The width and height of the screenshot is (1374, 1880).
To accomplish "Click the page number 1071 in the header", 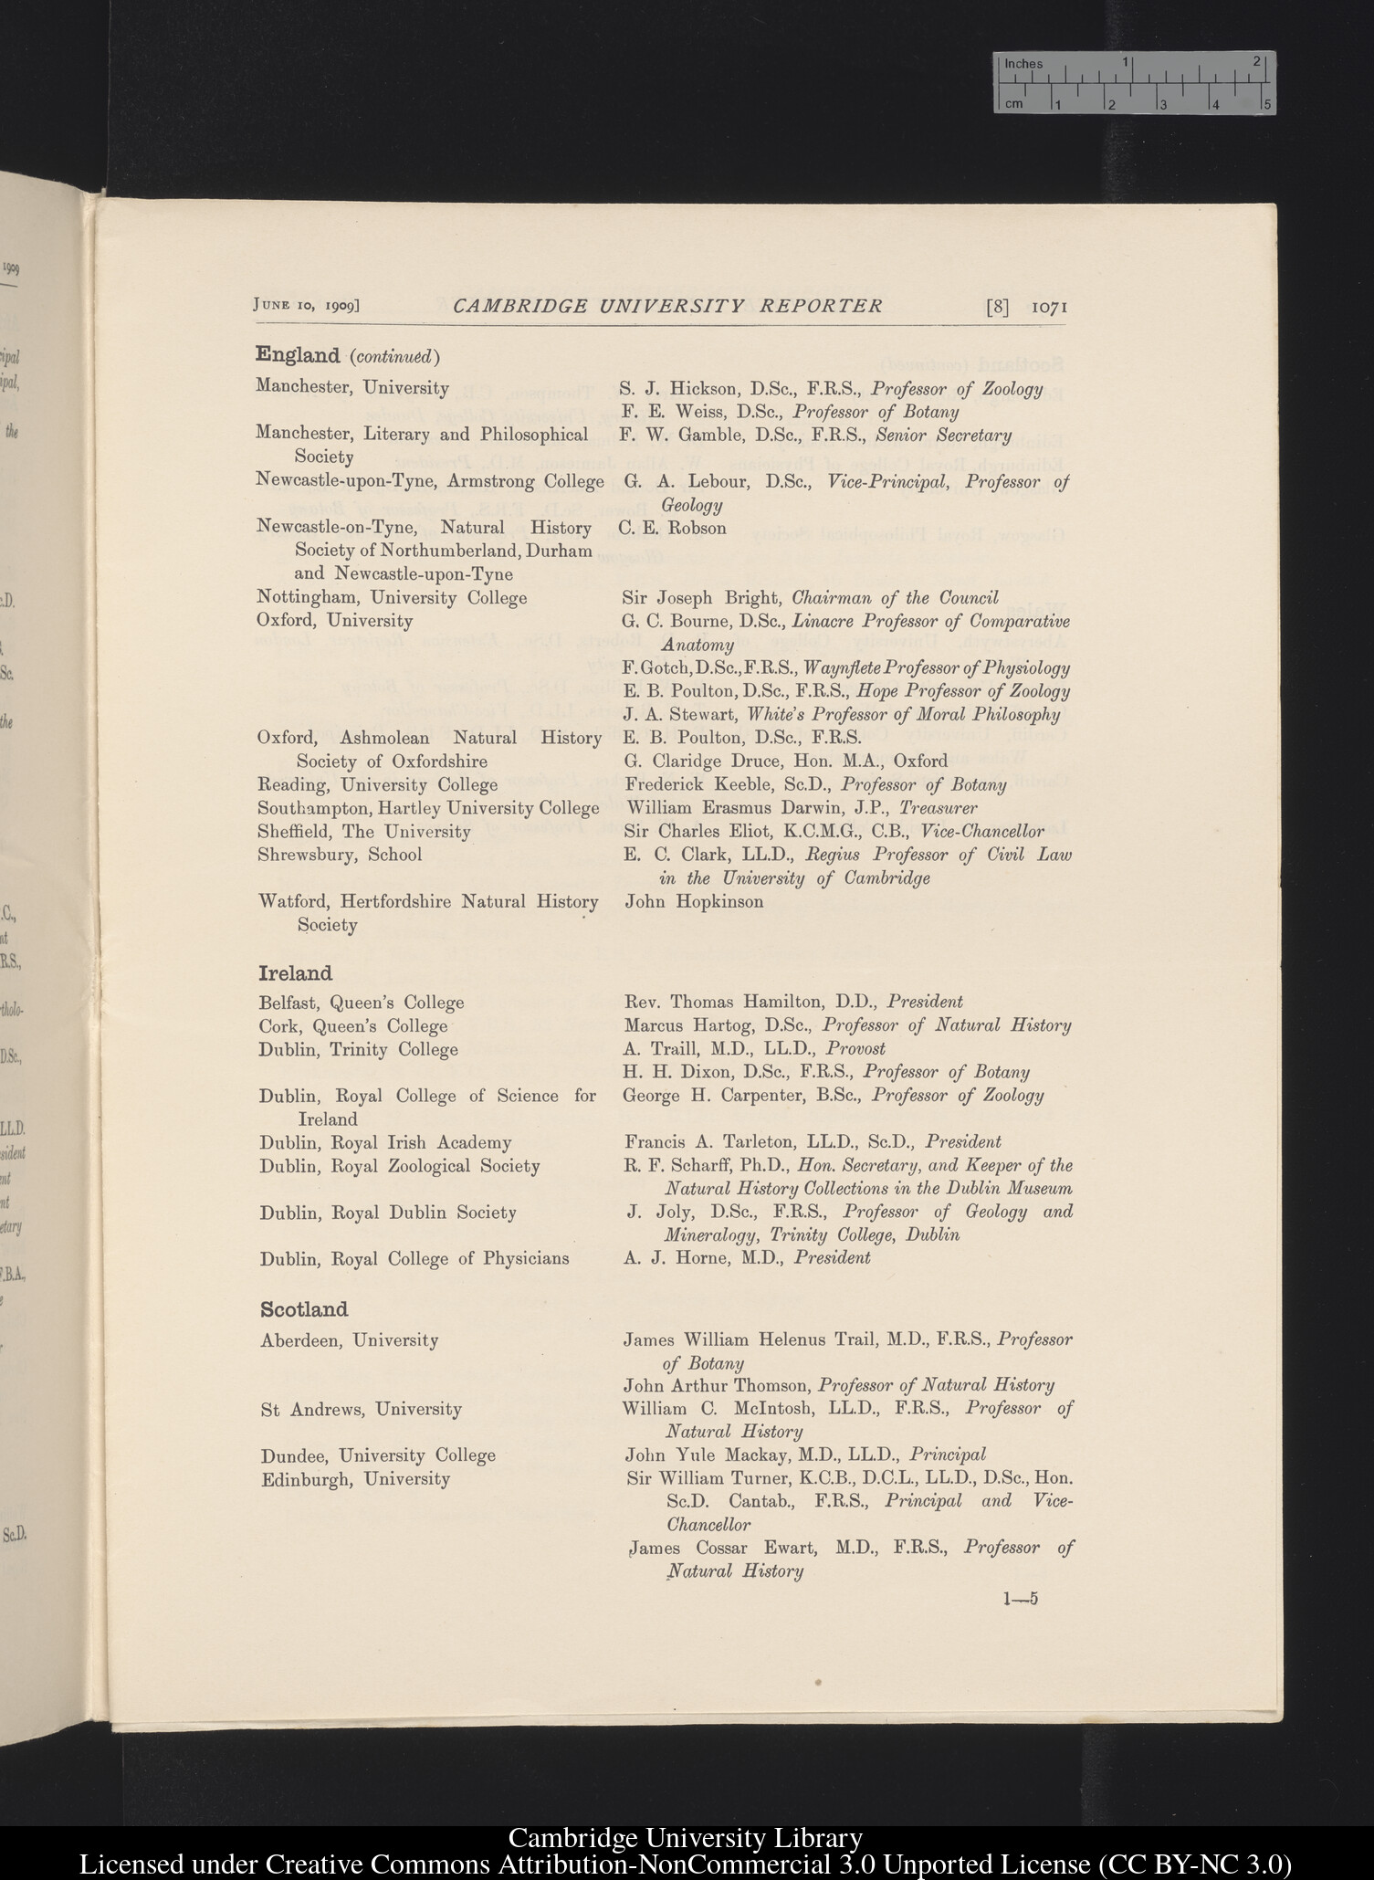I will tap(1049, 308).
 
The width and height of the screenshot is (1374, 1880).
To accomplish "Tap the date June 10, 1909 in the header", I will tap(306, 305).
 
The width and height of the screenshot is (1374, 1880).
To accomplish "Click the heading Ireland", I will tap(295, 973).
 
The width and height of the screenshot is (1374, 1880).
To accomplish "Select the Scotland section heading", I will tap(304, 1309).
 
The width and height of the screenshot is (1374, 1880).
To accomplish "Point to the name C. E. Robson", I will tap(673, 528).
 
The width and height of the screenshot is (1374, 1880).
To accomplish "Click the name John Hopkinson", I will tap(694, 901).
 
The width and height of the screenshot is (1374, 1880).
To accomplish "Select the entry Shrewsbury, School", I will tap(340, 855).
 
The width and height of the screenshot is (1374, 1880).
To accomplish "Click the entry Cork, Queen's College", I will tap(353, 1026).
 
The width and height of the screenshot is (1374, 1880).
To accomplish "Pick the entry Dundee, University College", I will tap(378, 1455).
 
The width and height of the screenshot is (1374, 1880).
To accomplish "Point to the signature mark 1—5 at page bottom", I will tap(1020, 1598).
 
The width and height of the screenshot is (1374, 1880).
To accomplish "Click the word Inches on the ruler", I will tap(1023, 64).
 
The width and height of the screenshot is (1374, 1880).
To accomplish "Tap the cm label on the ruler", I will tap(1013, 104).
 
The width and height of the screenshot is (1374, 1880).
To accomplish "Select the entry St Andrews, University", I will tap(361, 1409).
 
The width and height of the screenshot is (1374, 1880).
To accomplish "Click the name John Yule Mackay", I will tap(709, 1455).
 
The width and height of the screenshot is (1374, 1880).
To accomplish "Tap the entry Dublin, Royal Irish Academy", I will tap(385, 1142).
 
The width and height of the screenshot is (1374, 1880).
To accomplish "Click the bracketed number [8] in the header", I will tap(997, 308).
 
